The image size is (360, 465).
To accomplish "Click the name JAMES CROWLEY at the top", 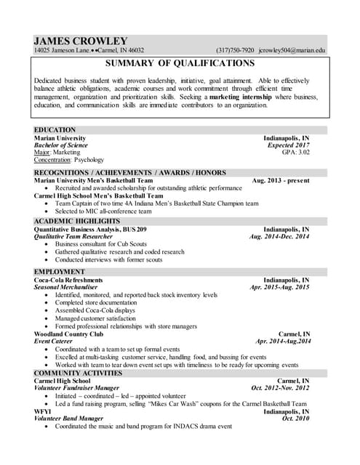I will (80, 41).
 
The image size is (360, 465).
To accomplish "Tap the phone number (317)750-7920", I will (235, 51).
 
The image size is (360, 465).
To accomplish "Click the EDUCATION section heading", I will (55, 129).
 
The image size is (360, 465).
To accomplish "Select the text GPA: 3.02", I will (295, 153).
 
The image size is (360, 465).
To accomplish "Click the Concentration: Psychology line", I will (69, 160).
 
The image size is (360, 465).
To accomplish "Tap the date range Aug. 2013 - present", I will (280, 180).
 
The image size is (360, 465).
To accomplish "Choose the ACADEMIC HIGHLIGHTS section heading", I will (75, 220).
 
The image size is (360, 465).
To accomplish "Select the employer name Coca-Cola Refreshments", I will (68, 280).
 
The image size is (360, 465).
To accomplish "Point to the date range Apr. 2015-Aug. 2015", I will (279, 287).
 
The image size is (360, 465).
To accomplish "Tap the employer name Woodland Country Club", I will (68, 333).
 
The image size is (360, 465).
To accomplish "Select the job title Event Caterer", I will (53, 341).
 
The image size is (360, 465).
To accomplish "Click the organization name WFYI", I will (42, 411).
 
